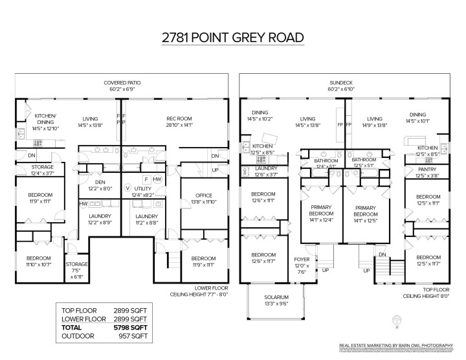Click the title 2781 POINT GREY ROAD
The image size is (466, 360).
[233, 38]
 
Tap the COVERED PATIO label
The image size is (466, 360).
[122, 83]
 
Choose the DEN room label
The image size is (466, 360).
[100, 182]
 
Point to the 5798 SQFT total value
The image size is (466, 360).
[133, 328]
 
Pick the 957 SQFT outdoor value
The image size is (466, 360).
[133, 336]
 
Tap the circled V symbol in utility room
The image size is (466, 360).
[128, 187]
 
